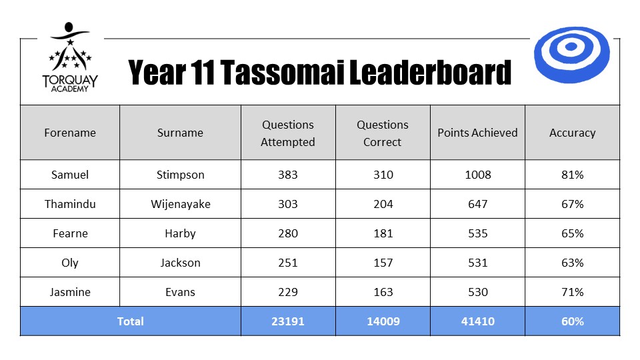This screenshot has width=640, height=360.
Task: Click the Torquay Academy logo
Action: tap(70, 57)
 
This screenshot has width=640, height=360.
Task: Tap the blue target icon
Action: tap(572, 55)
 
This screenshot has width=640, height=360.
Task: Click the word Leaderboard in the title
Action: tap(430, 72)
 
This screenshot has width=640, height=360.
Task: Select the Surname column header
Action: tap(180, 133)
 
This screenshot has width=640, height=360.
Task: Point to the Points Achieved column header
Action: tap(477, 133)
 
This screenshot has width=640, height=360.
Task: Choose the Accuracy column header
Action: tap(572, 133)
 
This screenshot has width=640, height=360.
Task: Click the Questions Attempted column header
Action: tap(288, 133)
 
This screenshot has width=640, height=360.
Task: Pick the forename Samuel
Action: tap(70, 175)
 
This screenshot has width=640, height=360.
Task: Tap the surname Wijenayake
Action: tap(181, 204)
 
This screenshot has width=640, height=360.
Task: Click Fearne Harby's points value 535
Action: tap(477, 233)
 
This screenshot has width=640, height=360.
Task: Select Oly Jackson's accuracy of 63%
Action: tap(572, 263)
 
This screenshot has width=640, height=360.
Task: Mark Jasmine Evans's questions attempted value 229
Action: tap(288, 292)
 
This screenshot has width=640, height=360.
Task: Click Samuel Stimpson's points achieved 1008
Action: tap(477, 175)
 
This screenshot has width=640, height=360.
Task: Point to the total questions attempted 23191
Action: tap(288, 321)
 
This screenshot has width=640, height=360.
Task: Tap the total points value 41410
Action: tap(477, 321)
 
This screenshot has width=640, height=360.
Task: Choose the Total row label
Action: tap(130, 321)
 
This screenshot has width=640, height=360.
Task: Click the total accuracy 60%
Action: tap(572, 321)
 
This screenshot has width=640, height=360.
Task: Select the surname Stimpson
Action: tap(181, 175)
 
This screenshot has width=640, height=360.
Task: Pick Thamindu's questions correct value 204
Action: tap(383, 204)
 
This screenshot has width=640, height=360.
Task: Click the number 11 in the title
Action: tap(202, 72)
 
